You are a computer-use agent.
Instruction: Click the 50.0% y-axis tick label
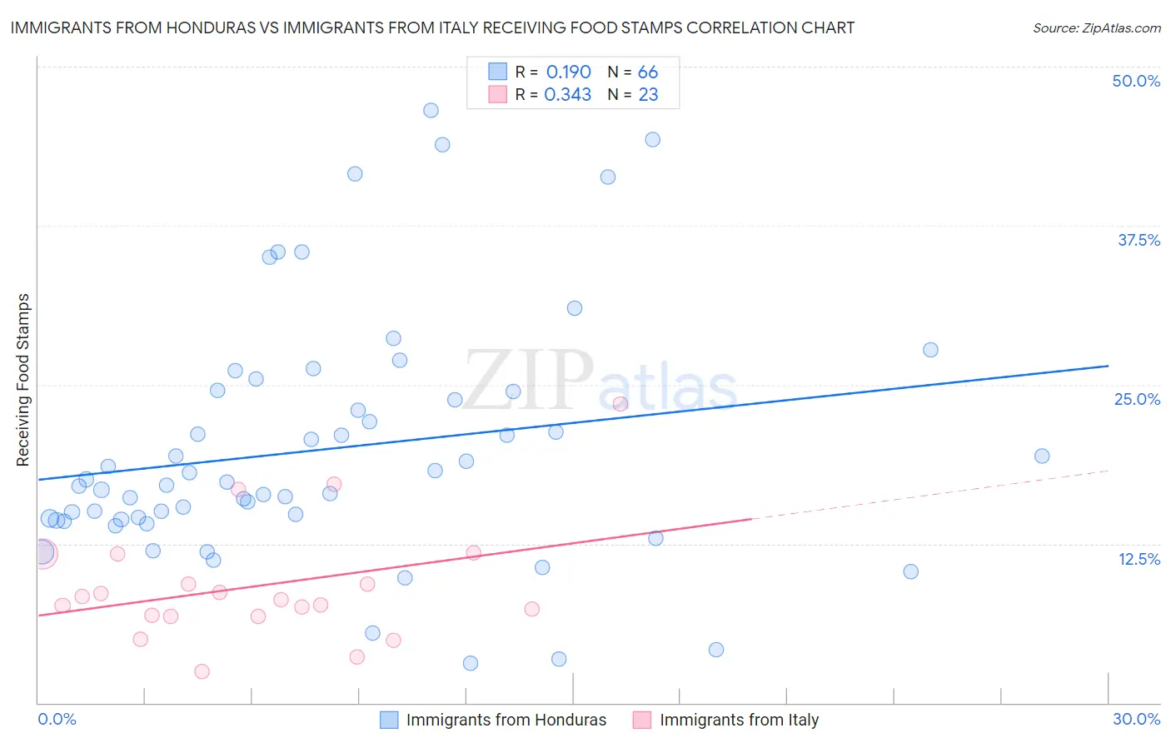[1136, 81]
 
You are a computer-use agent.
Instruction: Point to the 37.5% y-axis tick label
[1139, 240]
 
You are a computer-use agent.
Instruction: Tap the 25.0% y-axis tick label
[1137, 399]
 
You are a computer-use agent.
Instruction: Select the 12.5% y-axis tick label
[1139, 559]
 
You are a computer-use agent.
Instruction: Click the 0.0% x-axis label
[57, 719]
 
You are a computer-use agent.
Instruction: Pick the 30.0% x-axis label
[1136, 719]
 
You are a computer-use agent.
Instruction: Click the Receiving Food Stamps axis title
[23, 380]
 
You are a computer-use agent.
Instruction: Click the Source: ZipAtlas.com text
[1096, 27]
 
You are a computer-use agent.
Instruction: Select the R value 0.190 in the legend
[568, 72]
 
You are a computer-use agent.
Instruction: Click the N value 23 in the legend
[648, 95]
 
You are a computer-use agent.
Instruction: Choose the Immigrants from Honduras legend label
[506, 720]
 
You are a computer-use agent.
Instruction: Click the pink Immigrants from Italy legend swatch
[641, 720]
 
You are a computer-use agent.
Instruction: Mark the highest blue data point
[431, 111]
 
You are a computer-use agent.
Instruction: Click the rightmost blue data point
[1042, 456]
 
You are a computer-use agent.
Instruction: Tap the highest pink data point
[620, 404]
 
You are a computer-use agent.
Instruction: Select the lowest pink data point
[202, 671]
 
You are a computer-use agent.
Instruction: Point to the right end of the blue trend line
[1108, 366]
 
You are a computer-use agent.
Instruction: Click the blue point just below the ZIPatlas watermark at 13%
[655, 538]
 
